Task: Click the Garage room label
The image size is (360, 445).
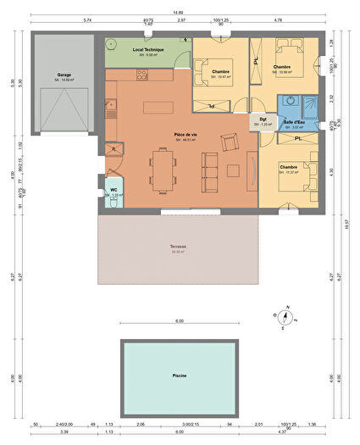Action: click(x=64, y=75)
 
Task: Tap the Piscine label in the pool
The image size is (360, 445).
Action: click(x=179, y=375)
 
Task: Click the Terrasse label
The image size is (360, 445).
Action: click(x=178, y=247)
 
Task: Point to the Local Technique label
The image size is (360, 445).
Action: click(x=148, y=51)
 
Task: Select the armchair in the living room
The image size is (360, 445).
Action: click(x=227, y=142)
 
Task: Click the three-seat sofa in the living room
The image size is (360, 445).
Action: click(x=249, y=170)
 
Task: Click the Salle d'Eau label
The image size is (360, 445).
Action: click(x=295, y=123)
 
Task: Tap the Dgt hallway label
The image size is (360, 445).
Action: click(x=263, y=120)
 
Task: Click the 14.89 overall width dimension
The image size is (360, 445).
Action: click(x=179, y=11)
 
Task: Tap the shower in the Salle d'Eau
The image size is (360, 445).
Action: click(x=307, y=104)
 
